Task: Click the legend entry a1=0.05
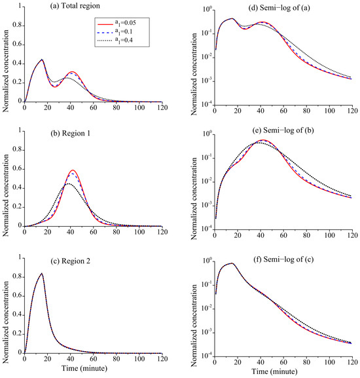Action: [117, 24]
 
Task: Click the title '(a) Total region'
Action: [75, 6]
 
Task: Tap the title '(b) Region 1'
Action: [70, 133]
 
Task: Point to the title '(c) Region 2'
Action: [70, 261]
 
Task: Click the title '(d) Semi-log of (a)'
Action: [279, 8]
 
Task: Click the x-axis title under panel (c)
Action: [84, 368]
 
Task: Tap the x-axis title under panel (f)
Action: [274, 371]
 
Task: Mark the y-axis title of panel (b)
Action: [6, 195]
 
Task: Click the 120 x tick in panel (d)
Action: [353, 111]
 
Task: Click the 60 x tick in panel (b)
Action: [93, 232]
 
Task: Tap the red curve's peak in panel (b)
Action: [73, 170]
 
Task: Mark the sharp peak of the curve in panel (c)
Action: [42, 273]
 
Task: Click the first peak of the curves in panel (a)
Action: [42, 60]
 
